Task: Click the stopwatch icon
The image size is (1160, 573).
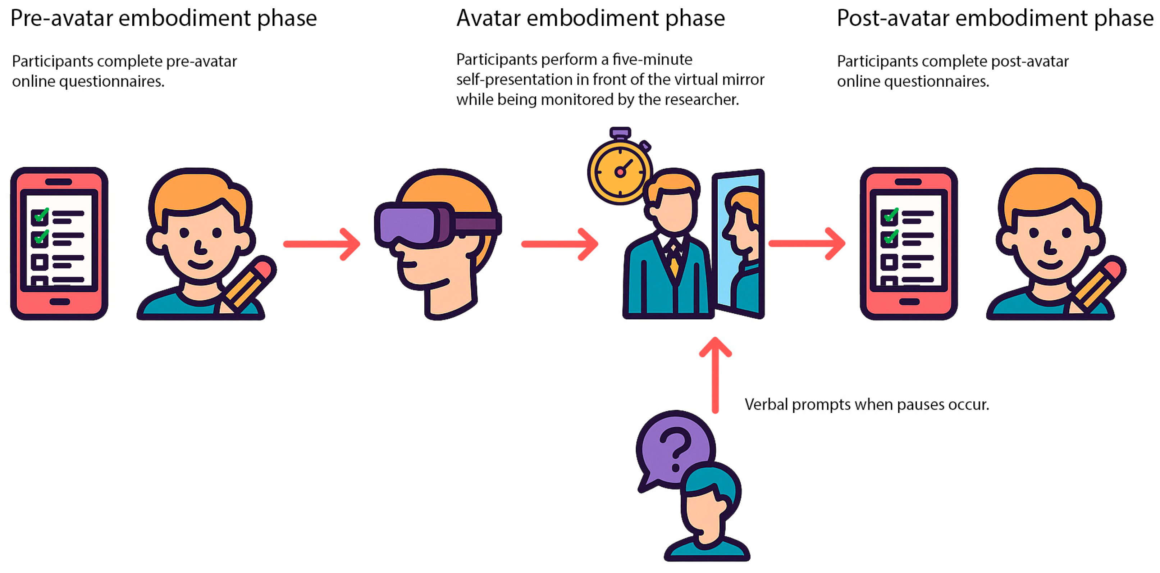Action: pos(620,171)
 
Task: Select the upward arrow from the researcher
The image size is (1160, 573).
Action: pos(715,374)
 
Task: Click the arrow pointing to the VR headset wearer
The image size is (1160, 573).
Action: pos(322,244)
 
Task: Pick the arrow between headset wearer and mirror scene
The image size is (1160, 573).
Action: pos(560,244)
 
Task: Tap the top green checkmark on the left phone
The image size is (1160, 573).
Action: pos(41,215)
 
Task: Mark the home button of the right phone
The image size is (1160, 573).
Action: pos(909,301)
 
